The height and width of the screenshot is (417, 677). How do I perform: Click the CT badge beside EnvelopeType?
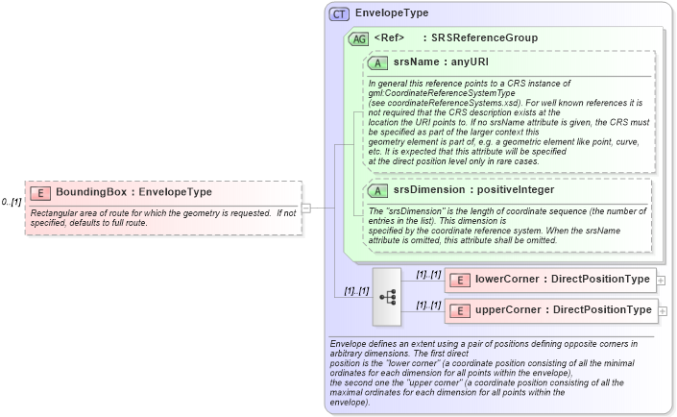tap(339, 13)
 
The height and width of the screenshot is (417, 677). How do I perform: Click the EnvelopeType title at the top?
tap(392, 13)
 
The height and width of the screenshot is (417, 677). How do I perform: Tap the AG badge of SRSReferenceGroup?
tap(358, 38)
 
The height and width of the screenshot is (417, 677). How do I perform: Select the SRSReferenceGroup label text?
tap(484, 38)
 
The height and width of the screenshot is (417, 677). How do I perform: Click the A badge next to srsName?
tap(378, 61)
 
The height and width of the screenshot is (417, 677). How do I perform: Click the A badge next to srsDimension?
tap(378, 189)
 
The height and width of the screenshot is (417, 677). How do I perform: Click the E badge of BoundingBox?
tap(40, 192)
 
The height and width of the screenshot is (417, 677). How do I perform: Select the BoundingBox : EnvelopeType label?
tap(133, 192)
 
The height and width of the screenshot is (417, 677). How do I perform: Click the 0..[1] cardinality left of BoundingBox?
tap(12, 202)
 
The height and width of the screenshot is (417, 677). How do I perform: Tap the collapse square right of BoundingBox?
tap(305, 207)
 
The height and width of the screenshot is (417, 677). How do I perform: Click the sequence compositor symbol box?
tap(389, 296)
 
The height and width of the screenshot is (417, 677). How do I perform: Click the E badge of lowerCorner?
tap(460, 280)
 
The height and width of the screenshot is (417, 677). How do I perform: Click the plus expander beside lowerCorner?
tap(663, 281)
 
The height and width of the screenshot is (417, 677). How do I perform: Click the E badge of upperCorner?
tap(460, 310)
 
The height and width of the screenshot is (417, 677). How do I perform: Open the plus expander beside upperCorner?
tap(663, 311)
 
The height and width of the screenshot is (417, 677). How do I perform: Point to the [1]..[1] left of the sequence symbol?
tap(351, 290)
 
